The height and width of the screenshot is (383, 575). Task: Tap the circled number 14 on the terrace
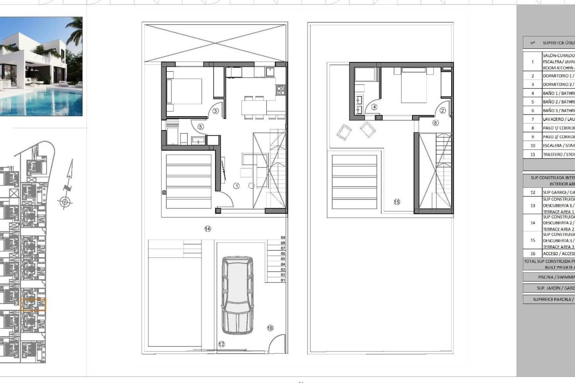[x=208, y=229]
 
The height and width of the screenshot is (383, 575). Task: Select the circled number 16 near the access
[x=270, y=328]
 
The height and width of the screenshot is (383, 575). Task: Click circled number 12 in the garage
[x=222, y=344]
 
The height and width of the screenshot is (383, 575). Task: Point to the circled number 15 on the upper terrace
[x=397, y=202]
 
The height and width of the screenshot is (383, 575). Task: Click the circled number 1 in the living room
[x=236, y=186]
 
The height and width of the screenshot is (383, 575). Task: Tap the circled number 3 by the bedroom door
[x=215, y=111]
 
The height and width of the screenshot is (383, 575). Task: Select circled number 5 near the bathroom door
[x=201, y=127]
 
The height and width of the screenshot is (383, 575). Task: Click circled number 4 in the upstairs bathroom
[x=374, y=107]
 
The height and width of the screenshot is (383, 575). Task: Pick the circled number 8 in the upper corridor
[x=435, y=123]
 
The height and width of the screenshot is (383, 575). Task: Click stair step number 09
[x=283, y=238]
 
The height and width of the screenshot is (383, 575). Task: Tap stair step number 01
[x=283, y=280]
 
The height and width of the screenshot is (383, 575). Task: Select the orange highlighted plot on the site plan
[x=33, y=305]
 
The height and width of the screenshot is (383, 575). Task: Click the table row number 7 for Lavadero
[x=532, y=119]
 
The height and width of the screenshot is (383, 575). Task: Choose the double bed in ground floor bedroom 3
[x=184, y=91]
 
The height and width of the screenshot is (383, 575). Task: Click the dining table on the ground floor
[x=254, y=107]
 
